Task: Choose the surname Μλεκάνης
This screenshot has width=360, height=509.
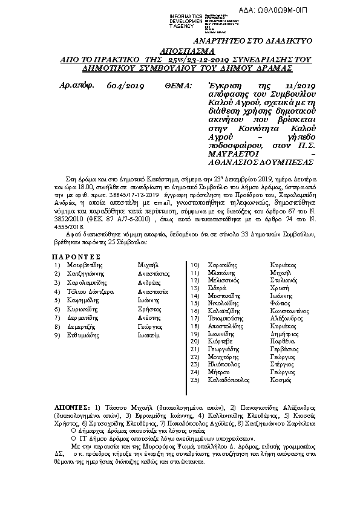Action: (x=221, y=273)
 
